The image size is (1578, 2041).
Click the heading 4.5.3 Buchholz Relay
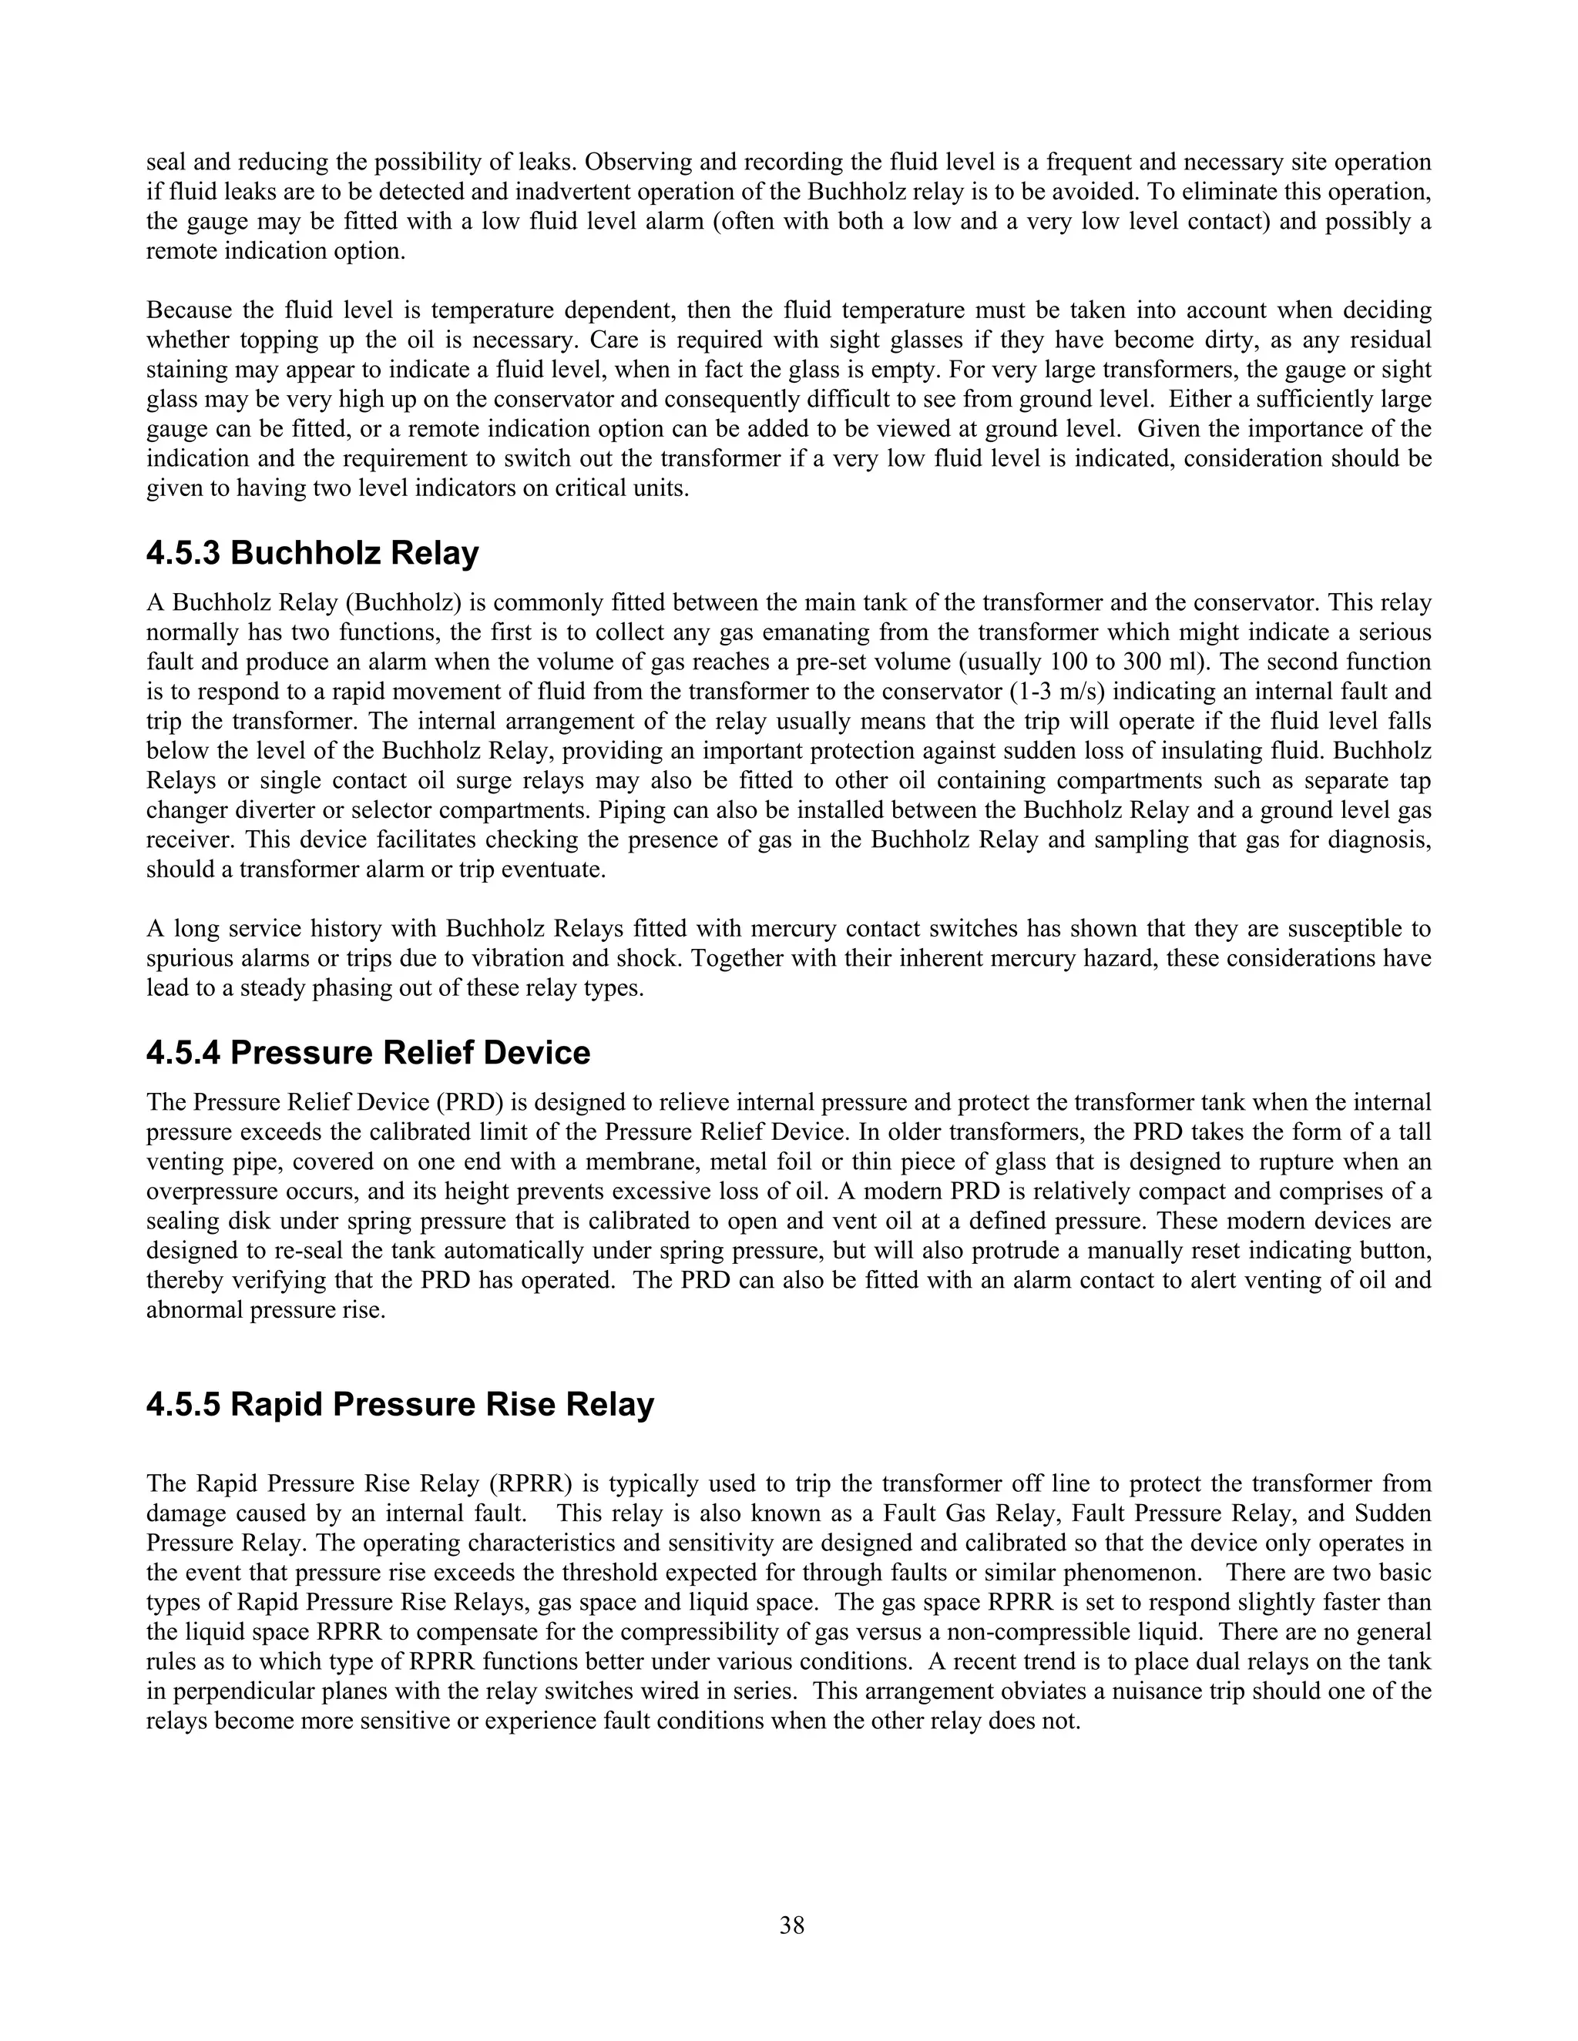point(312,553)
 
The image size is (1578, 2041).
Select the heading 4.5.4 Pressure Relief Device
point(368,1052)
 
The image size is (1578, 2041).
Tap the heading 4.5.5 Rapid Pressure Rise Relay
point(399,1405)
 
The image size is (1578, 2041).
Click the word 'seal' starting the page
point(166,163)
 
